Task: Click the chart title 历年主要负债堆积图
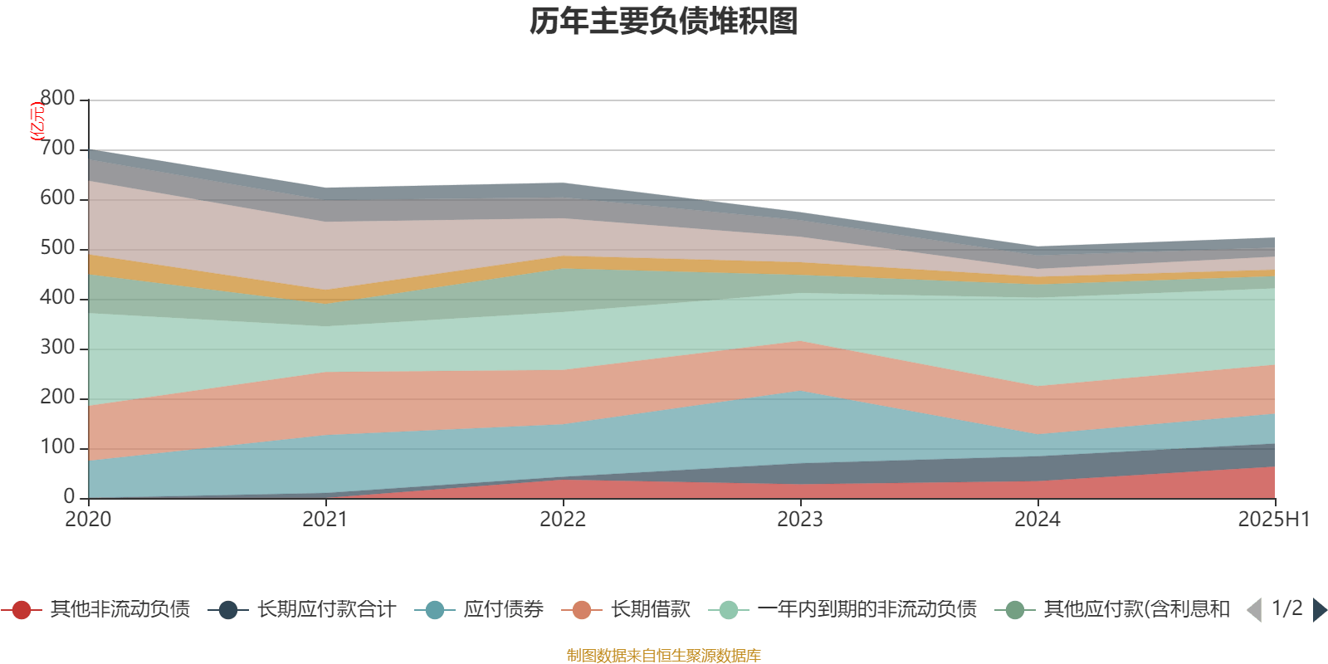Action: coord(664,22)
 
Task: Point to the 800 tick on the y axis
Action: coord(57,99)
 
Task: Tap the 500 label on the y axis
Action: coord(57,248)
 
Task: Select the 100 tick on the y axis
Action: coord(57,447)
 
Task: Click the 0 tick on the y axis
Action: coord(69,497)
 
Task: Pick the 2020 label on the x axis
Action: coord(88,520)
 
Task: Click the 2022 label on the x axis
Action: coord(563,520)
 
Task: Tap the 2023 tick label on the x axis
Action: coord(800,520)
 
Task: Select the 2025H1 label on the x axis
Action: coord(1273,520)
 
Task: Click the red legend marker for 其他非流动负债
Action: coord(22,610)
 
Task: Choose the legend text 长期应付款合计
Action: coord(326,610)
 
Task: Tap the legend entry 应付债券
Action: coord(503,610)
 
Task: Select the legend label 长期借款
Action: coord(651,610)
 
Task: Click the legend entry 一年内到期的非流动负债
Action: coord(867,610)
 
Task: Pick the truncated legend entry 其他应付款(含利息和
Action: coord(1136,610)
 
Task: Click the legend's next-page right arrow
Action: coord(1319,610)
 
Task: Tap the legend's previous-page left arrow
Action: coord(1254,610)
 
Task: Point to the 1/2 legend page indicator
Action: coord(1286,608)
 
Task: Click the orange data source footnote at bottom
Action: coord(663,656)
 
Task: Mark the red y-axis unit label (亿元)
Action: coord(37,122)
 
